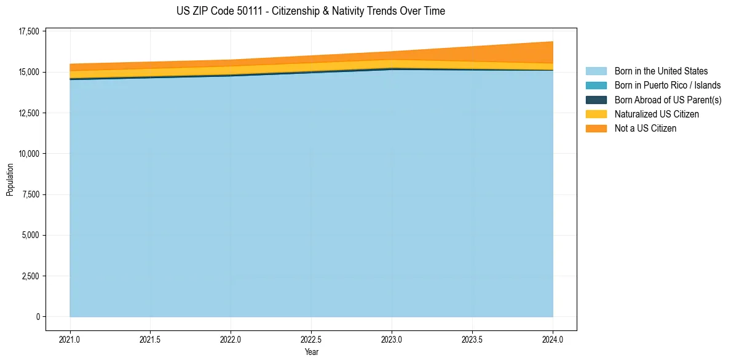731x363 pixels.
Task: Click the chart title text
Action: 310,11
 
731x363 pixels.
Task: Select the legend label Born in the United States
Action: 661,71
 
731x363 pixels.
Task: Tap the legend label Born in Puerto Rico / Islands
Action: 668,86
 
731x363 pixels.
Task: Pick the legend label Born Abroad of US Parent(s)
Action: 668,100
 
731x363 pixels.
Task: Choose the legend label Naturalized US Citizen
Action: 657,114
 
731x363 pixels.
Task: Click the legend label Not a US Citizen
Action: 646,128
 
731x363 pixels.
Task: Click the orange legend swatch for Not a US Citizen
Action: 596,128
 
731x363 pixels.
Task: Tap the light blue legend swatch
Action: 596,71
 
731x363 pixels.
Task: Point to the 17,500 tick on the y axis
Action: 29,31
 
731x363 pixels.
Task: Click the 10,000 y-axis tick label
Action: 29,154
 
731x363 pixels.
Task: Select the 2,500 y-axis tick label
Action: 31,276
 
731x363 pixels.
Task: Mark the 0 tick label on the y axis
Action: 38,317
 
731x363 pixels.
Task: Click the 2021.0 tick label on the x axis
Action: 70,339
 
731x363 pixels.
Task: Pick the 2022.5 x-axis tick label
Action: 311,339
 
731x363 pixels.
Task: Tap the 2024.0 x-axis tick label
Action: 553,339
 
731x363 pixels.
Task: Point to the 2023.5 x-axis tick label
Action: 472,339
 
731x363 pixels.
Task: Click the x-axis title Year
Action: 311,352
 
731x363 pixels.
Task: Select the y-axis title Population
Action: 10,180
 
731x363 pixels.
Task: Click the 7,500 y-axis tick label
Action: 31,194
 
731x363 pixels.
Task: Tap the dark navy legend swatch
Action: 596,100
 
